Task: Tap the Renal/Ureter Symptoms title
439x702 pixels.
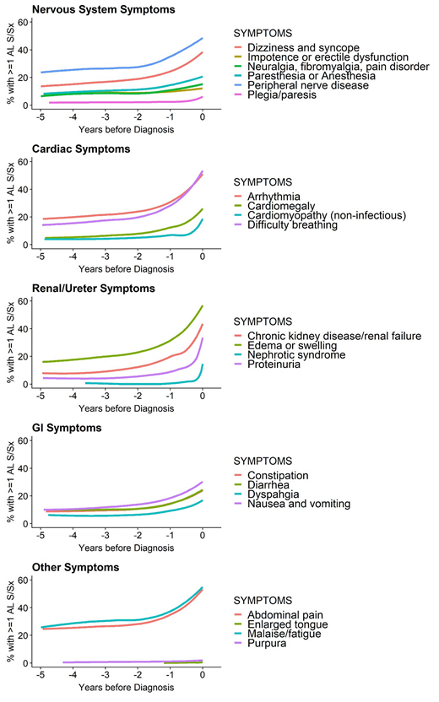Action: click(94, 289)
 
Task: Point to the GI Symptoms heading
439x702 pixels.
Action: click(68, 428)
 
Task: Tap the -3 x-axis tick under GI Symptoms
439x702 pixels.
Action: click(106, 536)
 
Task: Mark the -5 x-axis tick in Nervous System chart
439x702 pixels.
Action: click(41, 118)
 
